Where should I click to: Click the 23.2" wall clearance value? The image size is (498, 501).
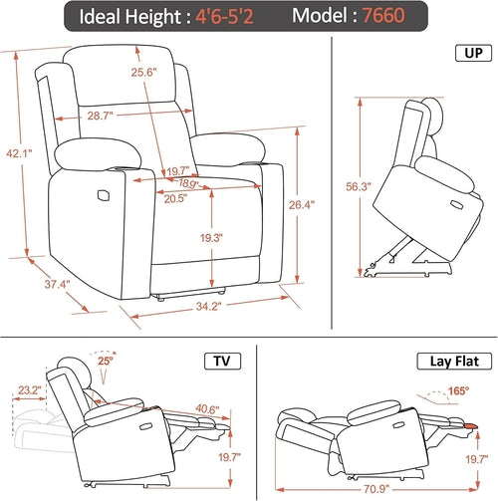click(x=30, y=391)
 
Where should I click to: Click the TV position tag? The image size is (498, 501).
click(x=219, y=360)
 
